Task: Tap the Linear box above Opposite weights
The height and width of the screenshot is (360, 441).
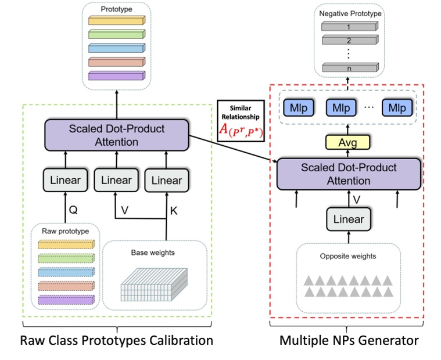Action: pos(348,219)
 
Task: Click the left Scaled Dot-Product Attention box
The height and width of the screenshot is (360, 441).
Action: pos(117,135)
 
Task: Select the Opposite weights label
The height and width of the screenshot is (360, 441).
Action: pos(349,256)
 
